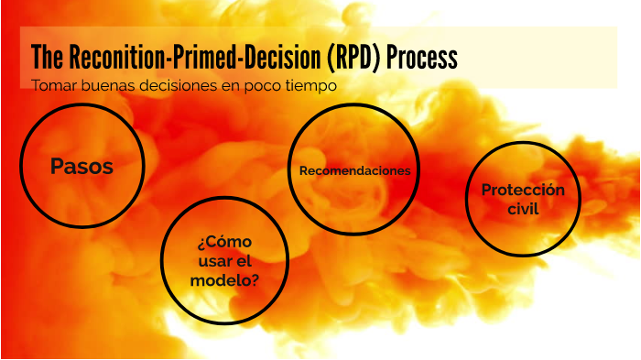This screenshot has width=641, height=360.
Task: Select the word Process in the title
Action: coord(421,58)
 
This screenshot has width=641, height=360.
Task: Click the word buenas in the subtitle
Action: coord(104,86)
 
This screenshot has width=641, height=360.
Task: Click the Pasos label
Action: coord(81,167)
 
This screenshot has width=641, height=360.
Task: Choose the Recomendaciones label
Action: coord(354,171)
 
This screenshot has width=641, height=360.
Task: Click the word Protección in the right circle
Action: coord(523,190)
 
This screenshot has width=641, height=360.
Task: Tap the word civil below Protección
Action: coord(523,209)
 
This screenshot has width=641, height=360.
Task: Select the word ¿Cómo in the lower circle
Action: coord(224,243)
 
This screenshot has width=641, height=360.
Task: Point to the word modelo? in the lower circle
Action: coord(224,280)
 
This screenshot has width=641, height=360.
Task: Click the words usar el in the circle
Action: coord(224,261)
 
